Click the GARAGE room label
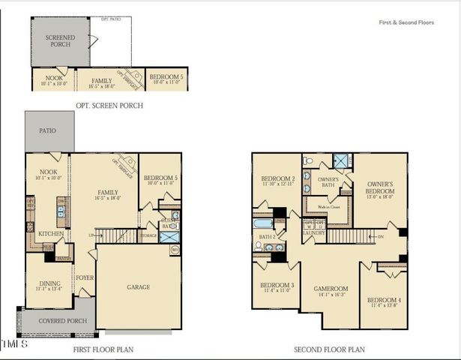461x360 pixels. (139, 287)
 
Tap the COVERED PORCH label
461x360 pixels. (57, 321)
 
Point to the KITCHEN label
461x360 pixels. (49, 234)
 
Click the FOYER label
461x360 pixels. (85, 277)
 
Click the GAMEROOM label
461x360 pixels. (330, 288)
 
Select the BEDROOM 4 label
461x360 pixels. (384, 301)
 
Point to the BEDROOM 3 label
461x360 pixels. (277, 286)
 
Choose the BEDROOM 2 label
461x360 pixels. (277, 180)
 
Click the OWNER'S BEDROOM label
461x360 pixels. (381, 187)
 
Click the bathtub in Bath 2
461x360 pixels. (265, 223)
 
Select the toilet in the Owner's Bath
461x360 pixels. (308, 160)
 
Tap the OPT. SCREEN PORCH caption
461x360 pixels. (110, 106)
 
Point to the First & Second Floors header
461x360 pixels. (406, 22)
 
